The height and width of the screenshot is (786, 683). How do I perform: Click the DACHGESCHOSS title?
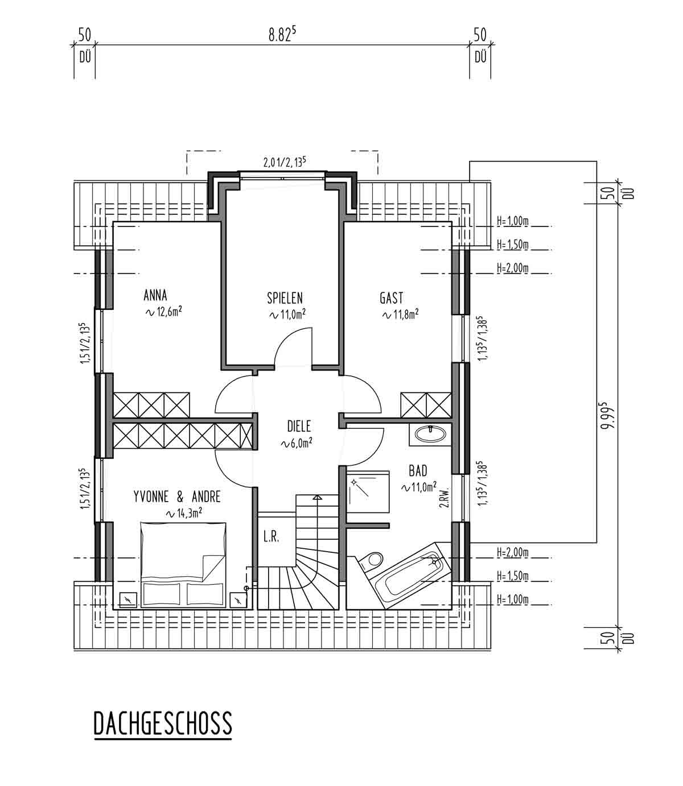(163, 724)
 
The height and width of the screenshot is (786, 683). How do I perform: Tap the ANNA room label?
(155, 295)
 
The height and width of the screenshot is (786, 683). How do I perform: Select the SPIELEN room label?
(285, 297)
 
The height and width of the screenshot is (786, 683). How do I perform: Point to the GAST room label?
(392, 297)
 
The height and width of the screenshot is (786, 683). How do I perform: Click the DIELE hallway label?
(299, 426)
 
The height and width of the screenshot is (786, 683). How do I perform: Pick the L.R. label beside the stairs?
(271, 537)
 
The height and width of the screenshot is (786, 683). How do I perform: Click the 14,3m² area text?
(184, 513)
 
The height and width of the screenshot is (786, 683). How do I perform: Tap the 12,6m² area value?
(163, 312)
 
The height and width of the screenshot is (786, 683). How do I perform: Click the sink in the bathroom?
(430, 435)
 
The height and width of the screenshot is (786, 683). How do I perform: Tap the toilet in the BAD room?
(370, 560)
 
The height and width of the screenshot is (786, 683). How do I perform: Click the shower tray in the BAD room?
(369, 492)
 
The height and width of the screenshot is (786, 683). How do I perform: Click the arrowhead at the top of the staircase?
(316, 498)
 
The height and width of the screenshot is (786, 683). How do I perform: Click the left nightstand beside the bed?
(127, 599)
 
